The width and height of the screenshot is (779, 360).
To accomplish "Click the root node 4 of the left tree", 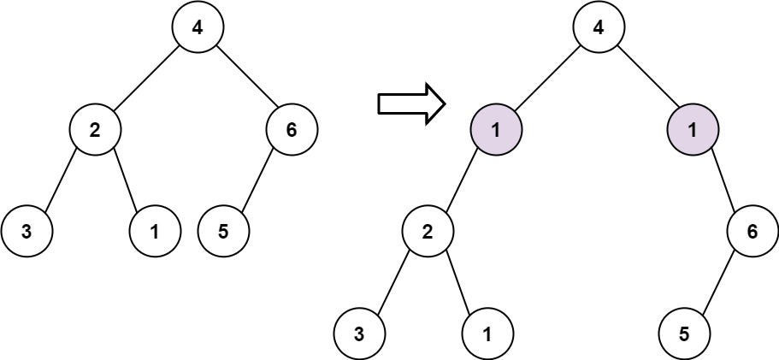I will pyautogui.click(x=198, y=28).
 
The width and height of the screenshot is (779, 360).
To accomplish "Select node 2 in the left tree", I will pyautogui.click(x=95, y=131).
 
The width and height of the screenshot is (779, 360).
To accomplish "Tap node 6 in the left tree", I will pyautogui.click(x=292, y=131).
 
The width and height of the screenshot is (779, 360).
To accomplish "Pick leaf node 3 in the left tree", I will pyautogui.click(x=27, y=231).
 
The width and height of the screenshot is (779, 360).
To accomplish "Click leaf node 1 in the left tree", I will pyautogui.click(x=155, y=231).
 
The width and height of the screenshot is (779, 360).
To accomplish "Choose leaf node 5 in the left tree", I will pyautogui.click(x=223, y=231).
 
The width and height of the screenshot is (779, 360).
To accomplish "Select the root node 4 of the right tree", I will pyautogui.click(x=599, y=28).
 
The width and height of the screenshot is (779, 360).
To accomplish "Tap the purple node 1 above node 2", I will pyautogui.click(x=496, y=131).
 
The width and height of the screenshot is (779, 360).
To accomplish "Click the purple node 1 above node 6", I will pyautogui.click(x=693, y=131).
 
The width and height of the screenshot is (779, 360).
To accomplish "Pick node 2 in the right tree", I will pyautogui.click(x=428, y=231).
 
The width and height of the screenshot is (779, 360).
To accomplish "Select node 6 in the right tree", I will pyautogui.click(x=752, y=231).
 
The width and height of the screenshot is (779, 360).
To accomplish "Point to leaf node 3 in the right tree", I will pyautogui.click(x=359, y=332).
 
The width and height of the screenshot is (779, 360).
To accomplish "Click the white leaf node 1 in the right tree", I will pyautogui.click(x=487, y=332).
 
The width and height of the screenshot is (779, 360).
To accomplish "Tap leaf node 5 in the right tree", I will pyautogui.click(x=684, y=332).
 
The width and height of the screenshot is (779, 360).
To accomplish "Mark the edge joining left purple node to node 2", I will pyautogui.click(x=462, y=181).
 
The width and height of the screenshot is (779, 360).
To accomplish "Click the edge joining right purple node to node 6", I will pyautogui.click(x=723, y=181).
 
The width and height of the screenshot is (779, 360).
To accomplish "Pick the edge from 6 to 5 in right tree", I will pyautogui.click(x=718, y=281).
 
